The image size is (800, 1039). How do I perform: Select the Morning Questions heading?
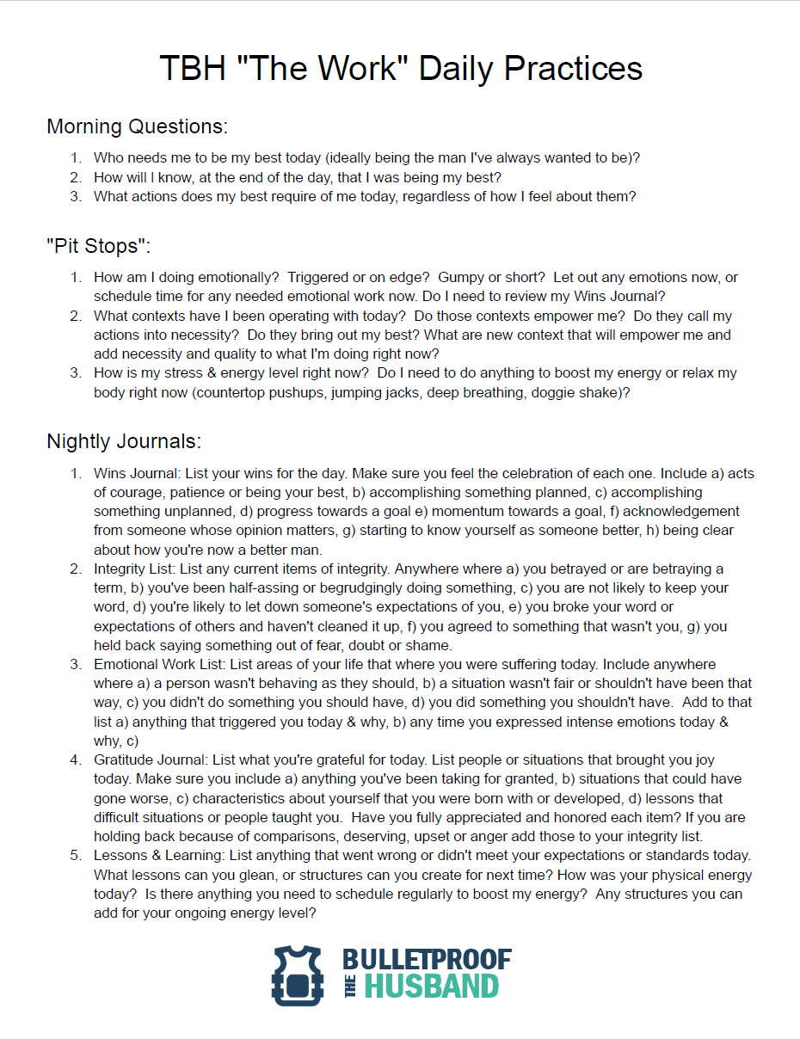137,126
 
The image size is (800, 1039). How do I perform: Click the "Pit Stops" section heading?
98,246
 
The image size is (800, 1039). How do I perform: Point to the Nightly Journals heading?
124,441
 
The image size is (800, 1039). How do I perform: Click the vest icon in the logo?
297,975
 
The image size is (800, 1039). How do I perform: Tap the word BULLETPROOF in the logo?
427,961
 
